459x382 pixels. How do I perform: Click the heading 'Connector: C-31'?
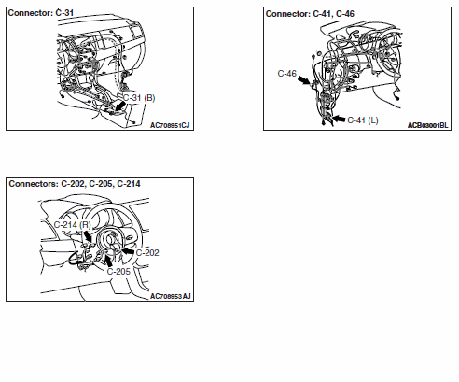(x=41, y=13)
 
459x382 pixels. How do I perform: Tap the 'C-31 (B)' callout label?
(x=139, y=98)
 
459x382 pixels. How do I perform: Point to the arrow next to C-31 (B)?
(x=119, y=106)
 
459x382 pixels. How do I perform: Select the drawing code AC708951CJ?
(x=170, y=125)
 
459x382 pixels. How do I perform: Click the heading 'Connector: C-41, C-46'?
(x=310, y=14)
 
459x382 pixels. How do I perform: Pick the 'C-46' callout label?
(x=286, y=74)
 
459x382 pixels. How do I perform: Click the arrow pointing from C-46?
(x=303, y=80)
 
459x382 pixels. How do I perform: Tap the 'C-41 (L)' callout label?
(x=363, y=120)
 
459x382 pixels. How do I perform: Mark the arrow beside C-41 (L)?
(x=339, y=119)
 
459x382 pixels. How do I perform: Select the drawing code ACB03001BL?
(x=428, y=125)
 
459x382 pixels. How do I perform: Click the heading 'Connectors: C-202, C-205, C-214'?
(x=75, y=184)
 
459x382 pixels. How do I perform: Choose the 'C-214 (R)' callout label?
(x=72, y=225)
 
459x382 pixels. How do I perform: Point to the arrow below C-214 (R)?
(x=88, y=236)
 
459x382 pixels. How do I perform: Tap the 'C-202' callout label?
(x=147, y=252)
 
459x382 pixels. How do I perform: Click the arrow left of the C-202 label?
(x=128, y=251)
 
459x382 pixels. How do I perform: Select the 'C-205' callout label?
(x=118, y=272)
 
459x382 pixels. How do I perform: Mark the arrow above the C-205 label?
(x=108, y=261)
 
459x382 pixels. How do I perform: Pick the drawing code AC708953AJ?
(x=171, y=296)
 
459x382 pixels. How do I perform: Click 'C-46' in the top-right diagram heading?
(x=345, y=14)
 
